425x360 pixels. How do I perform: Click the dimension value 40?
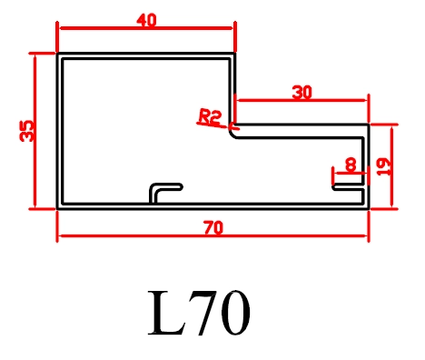(146, 21)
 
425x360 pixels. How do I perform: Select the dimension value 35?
(26, 131)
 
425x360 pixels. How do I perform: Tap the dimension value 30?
(301, 93)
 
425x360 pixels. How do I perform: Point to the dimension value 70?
(213, 228)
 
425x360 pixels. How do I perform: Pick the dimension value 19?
(383, 167)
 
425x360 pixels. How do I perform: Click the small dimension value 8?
(351, 165)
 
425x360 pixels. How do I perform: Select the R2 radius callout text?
(210, 117)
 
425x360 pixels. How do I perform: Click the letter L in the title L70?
(166, 313)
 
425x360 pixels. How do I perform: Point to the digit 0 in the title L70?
(235, 313)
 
